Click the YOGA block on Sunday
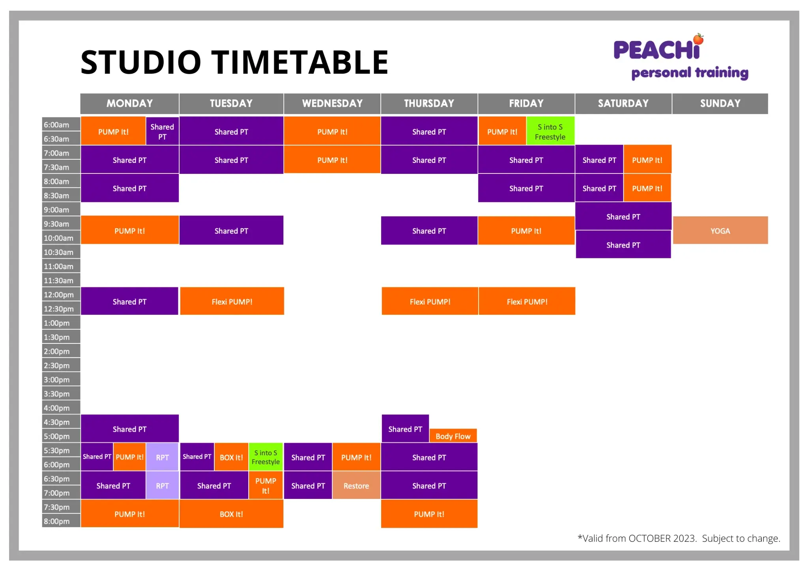point(720,231)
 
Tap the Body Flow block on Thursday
point(453,436)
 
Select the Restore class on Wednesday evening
point(356,486)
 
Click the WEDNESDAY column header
point(332,103)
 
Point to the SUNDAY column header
point(720,103)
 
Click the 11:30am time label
point(59,280)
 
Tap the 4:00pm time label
point(57,408)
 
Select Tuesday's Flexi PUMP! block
point(232,302)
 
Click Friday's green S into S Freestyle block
point(550,132)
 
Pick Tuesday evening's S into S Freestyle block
point(266,457)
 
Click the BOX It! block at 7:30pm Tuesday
point(231,514)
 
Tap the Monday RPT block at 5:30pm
point(162,457)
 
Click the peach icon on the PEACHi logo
point(699,39)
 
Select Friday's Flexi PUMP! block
point(527,302)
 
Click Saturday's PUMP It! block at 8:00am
point(647,188)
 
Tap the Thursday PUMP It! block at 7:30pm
point(429,514)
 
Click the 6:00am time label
point(57,125)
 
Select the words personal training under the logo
point(690,73)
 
